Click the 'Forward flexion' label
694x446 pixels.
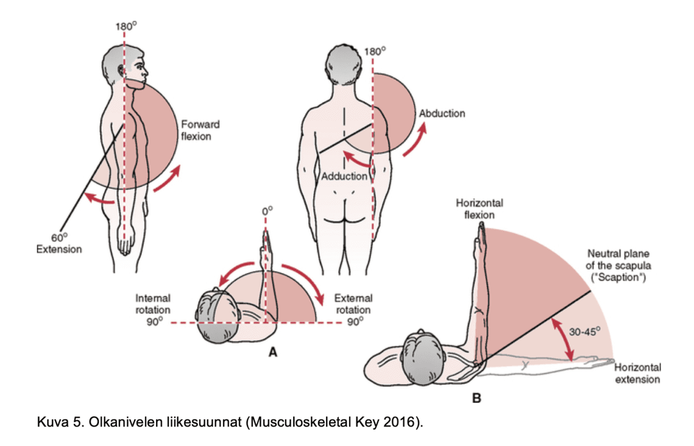(200, 130)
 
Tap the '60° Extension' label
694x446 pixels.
(59, 244)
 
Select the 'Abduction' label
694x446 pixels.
(442, 114)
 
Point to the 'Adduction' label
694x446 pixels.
(344, 176)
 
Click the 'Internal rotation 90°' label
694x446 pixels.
(153, 309)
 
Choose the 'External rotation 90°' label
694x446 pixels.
(353, 309)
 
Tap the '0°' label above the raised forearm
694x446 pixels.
(268, 211)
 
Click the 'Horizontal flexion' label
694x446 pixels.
(479, 209)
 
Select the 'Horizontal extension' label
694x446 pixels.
(638, 373)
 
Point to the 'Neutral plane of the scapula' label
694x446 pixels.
(618, 265)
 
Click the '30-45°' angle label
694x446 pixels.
(585, 331)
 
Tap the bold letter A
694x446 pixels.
(273, 352)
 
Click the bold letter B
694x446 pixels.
(477, 398)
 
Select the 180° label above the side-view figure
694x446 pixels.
(126, 26)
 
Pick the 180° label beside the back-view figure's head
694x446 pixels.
(375, 51)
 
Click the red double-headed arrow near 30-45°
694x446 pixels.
(562, 340)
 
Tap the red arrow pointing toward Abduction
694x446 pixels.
(416, 139)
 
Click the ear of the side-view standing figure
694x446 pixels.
(121, 71)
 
